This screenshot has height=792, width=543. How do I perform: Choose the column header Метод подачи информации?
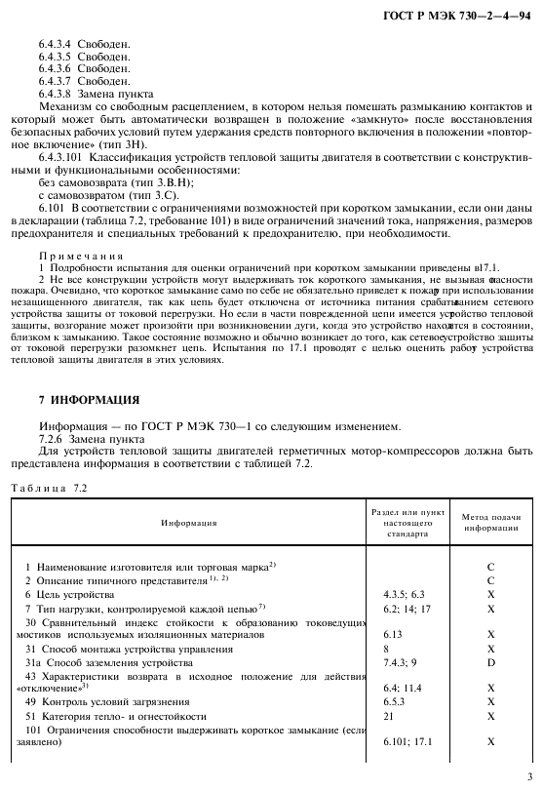point(491,522)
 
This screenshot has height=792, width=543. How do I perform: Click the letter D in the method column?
point(491,662)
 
